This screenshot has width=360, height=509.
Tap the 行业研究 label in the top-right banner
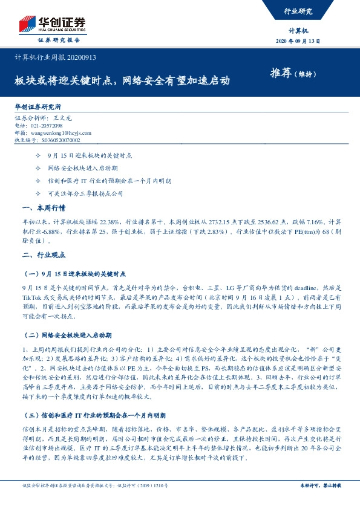298,10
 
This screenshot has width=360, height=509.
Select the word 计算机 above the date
299,30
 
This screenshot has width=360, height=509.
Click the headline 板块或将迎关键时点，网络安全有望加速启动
122,80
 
